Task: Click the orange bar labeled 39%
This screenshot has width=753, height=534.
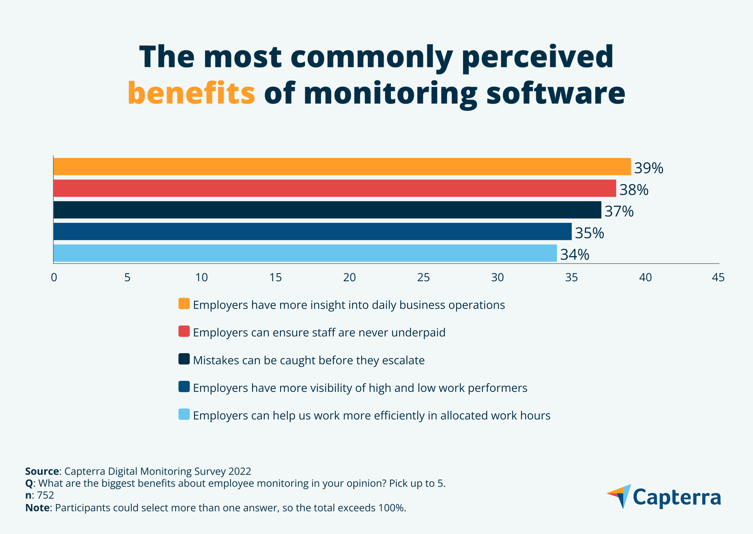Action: (x=342, y=167)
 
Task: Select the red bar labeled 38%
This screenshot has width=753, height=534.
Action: (x=334, y=188)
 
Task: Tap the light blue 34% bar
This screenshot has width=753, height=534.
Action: (x=305, y=253)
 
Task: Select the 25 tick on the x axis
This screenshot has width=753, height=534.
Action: (x=423, y=278)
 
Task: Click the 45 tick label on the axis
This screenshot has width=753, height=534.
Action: (x=718, y=278)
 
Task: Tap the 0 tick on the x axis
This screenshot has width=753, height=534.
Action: (x=54, y=278)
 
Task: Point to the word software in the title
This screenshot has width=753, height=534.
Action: (x=555, y=94)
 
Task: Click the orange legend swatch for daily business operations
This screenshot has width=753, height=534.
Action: (x=184, y=303)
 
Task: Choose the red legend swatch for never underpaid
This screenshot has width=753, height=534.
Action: (x=184, y=331)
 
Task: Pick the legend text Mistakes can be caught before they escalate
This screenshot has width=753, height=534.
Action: (x=309, y=360)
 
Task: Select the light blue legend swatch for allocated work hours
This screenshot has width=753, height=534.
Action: (x=184, y=414)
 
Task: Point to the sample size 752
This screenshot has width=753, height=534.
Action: (x=45, y=495)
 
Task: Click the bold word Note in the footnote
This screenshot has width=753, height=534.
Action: (x=37, y=508)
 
